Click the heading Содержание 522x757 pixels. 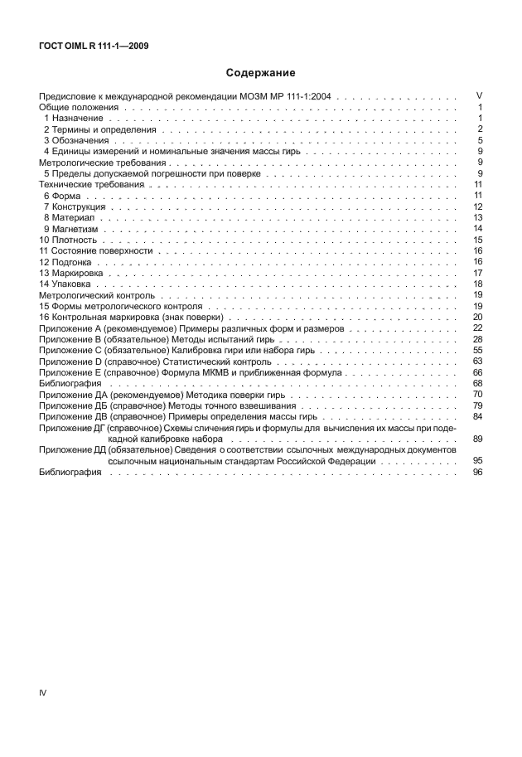coord(261,73)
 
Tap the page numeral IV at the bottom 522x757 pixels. coord(43,691)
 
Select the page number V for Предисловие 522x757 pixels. coord(479,96)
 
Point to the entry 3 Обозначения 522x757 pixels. coord(75,141)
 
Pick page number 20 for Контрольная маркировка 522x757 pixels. coord(477,318)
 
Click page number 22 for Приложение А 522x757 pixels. coord(477,328)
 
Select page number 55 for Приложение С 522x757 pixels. coord(477,351)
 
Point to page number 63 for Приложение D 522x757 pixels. coord(477,362)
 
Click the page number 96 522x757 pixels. coord(477,472)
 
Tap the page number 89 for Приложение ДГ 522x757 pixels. coord(477,438)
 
